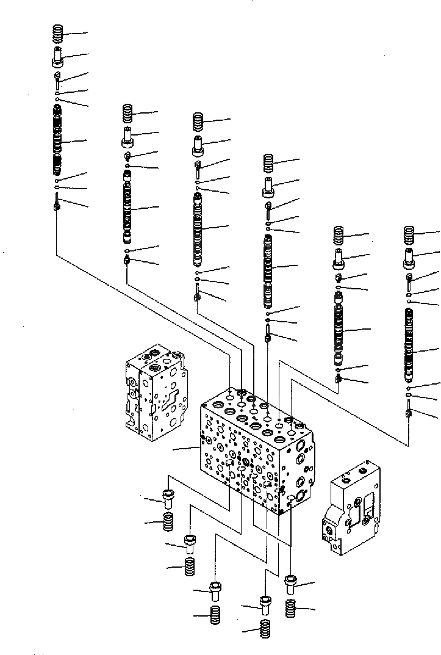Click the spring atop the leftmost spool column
[59, 34]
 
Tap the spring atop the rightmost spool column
[410, 235]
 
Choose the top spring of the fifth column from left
[340, 235]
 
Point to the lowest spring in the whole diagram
[265, 629]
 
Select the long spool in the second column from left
[128, 208]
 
